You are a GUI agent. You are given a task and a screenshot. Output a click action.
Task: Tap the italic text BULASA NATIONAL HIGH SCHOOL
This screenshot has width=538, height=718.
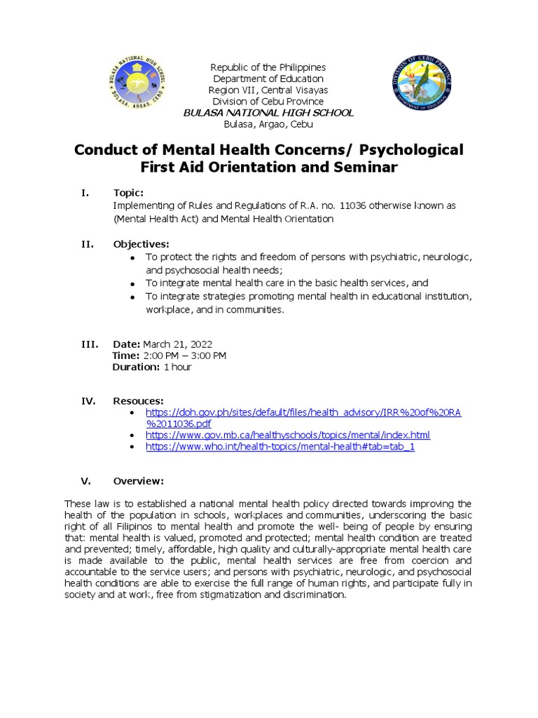pyautogui.click(x=268, y=113)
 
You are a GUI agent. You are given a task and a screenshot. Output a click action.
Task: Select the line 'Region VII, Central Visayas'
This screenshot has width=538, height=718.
pyautogui.click(x=268, y=90)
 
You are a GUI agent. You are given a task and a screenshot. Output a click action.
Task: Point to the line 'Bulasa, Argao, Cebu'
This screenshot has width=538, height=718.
pyautogui.click(x=268, y=124)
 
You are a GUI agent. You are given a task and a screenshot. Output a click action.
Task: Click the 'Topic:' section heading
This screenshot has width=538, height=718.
pyautogui.click(x=128, y=193)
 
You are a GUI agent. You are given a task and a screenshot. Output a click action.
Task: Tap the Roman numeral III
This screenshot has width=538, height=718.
pyautogui.click(x=88, y=344)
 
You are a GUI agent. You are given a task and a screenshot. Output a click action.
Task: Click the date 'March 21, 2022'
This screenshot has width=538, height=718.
pyautogui.click(x=177, y=344)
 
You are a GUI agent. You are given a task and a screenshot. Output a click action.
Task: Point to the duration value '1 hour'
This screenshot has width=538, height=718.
pyautogui.click(x=177, y=367)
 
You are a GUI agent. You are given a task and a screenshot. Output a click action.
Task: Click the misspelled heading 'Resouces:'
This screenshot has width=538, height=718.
pyautogui.click(x=138, y=400)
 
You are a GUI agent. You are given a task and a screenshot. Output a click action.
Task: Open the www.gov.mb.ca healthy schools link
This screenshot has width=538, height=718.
pyautogui.click(x=287, y=435)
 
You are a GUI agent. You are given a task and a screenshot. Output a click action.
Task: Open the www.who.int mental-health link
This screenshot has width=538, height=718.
pyautogui.click(x=280, y=447)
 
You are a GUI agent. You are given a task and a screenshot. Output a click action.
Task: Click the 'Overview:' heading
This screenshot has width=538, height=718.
pyautogui.click(x=138, y=481)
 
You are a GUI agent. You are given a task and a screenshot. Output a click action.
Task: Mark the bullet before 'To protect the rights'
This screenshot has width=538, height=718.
pyautogui.click(x=133, y=258)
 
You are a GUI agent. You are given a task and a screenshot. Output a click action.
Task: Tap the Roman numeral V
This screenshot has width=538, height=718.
pyautogui.click(x=85, y=481)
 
